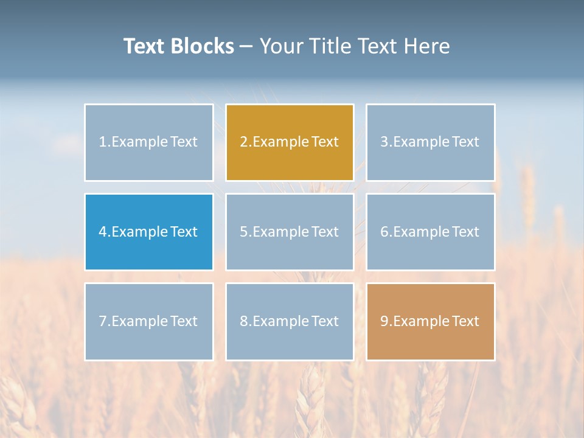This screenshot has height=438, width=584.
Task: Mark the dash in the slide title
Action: [x=246, y=46]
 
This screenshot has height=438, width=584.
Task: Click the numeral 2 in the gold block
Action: [x=243, y=142]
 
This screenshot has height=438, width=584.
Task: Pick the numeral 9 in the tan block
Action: [x=384, y=321]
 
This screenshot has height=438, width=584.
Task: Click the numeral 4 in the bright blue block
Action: [x=103, y=232]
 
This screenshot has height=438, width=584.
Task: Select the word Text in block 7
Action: [x=184, y=321]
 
